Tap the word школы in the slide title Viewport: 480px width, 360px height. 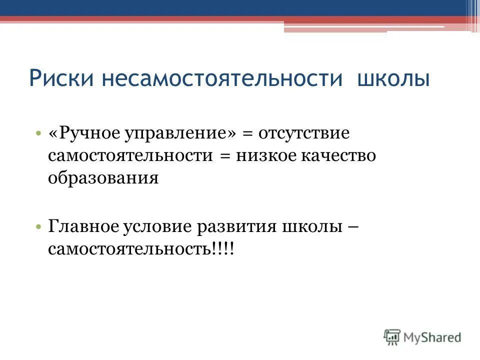pyautogui.click(x=393, y=79)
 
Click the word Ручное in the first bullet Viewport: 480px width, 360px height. pyautogui.click(x=88, y=134)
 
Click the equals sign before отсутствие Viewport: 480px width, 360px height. pyautogui.click(x=248, y=134)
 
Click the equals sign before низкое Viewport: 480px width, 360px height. pyautogui.click(x=223, y=156)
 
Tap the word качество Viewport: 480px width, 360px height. pyautogui.click(x=339, y=156)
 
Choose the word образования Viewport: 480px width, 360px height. pyautogui.click(x=103, y=178)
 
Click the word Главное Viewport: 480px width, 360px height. pyautogui.click(x=83, y=226)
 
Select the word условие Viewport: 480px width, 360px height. pyautogui.click(x=157, y=226)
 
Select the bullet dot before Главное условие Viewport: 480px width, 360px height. pyautogui.click(x=38, y=226)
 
